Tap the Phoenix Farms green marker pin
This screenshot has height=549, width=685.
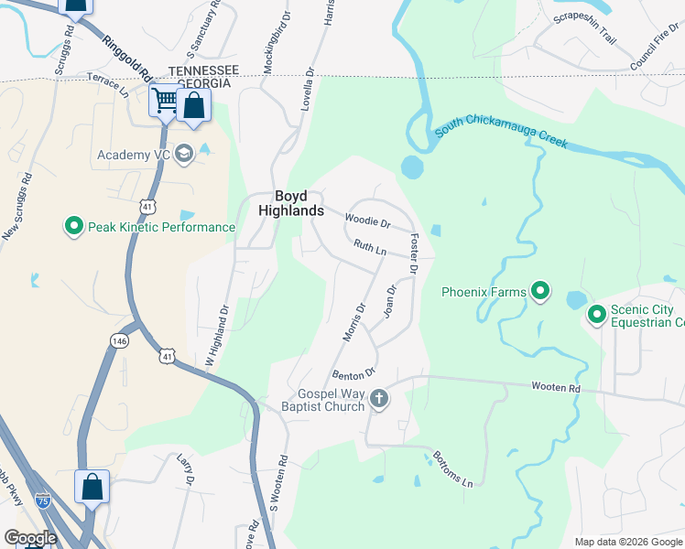[x=540, y=293]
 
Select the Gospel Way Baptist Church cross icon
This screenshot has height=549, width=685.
[x=379, y=400]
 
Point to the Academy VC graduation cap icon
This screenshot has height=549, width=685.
[x=184, y=154]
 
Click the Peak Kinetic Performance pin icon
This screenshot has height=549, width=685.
[x=73, y=226]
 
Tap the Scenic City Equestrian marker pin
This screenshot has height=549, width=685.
[x=597, y=315]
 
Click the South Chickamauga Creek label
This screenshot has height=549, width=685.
[x=502, y=132]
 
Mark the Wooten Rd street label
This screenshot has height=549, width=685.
[x=556, y=388]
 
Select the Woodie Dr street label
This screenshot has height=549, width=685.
[x=367, y=221]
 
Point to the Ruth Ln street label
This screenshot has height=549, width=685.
[x=370, y=247]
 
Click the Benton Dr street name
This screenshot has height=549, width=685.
[x=354, y=374]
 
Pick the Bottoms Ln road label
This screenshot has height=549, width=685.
[x=454, y=469]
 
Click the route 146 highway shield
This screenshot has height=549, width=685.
[x=120, y=339]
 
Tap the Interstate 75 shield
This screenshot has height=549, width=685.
[x=43, y=501]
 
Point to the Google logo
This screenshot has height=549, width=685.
[x=30, y=538]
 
